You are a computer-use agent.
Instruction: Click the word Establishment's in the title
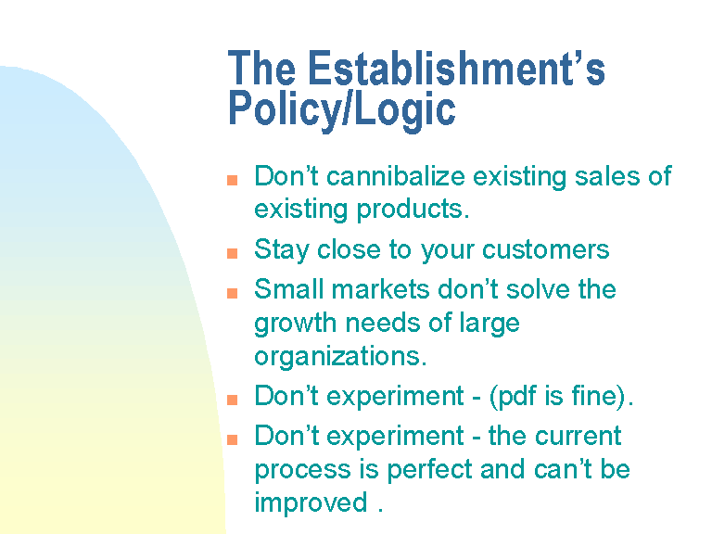tap(456, 68)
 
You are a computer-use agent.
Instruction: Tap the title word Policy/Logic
tap(341, 109)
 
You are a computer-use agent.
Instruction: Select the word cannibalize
tap(396, 176)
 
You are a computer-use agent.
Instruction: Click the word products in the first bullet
tap(413, 210)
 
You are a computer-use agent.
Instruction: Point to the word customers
tap(545, 249)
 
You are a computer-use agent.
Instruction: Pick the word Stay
tap(282, 250)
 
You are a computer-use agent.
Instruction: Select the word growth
tap(295, 324)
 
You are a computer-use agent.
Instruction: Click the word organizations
tap(340, 357)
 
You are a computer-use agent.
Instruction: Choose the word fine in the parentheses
tap(593, 396)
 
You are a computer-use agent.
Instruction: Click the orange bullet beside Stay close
tap(232, 252)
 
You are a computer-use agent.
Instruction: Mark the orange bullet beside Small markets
tap(232, 293)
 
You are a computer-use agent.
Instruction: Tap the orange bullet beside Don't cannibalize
tap(232, 180)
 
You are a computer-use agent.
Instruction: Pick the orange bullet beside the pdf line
tap(232, 400)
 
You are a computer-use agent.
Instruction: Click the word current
tap(578, 436)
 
